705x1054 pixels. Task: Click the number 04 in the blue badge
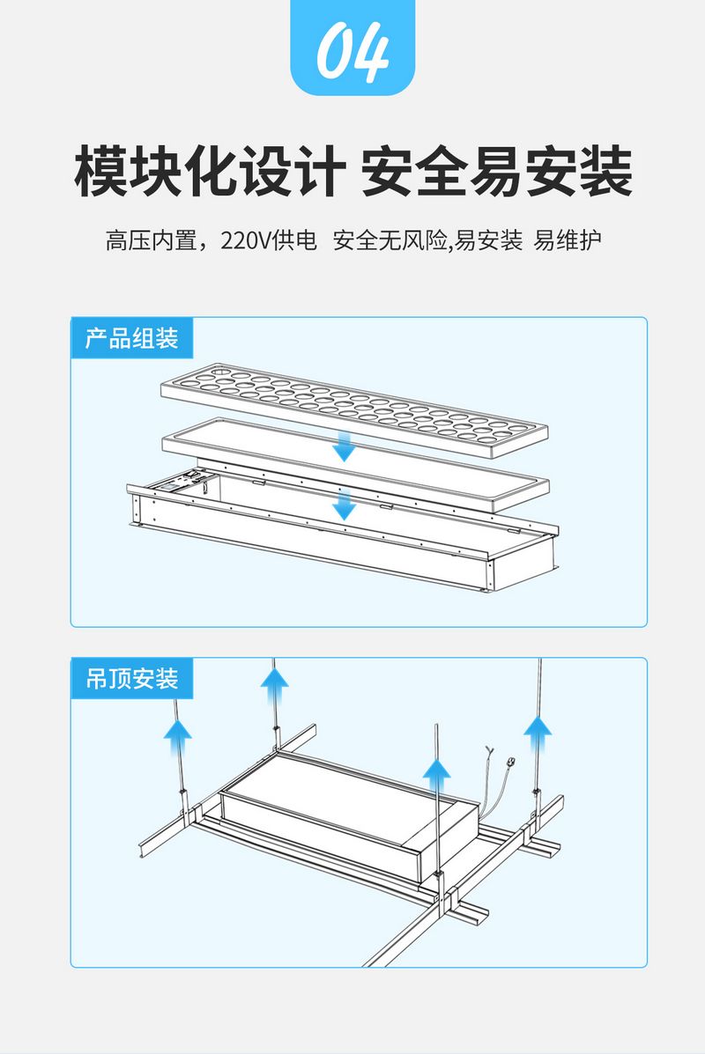(x=352, y=53)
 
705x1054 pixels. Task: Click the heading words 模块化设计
(x=205, y=172)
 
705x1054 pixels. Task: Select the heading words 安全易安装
(x=497, y=172)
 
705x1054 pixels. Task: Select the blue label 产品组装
(x=131, y=338)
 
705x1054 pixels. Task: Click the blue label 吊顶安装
(x=131, y=679)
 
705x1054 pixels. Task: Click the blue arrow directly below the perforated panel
(x=345, y=446)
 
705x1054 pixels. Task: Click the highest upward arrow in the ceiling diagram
(x=276, y=681)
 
